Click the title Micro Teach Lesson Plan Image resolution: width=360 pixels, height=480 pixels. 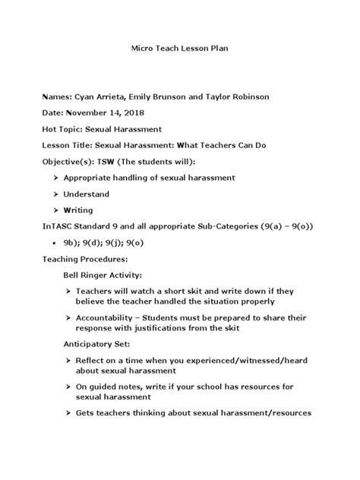180,48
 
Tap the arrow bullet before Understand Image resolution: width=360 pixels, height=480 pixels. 56,194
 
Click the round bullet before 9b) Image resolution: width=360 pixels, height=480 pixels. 57,243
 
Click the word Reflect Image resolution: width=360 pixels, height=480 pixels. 91,360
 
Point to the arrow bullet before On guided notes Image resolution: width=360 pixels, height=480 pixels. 68,387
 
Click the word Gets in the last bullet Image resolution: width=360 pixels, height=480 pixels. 87,414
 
